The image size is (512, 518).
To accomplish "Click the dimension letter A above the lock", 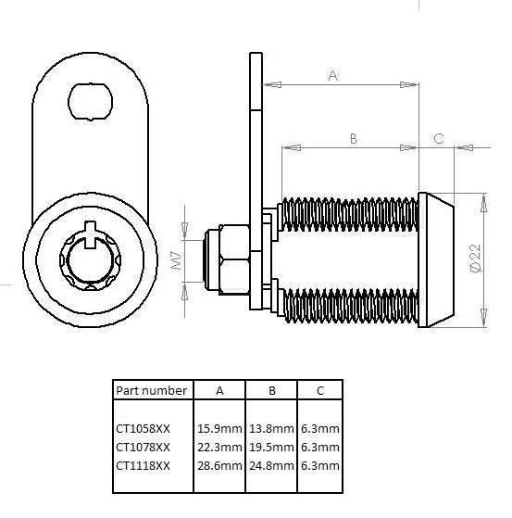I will tap(332, 77).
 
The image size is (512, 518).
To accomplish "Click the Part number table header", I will tap(151, 391).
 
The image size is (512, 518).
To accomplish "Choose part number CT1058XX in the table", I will tap(143, 428).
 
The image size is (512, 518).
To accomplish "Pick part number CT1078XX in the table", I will tap(143, 447).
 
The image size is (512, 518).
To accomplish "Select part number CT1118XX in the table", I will tap(143, 465).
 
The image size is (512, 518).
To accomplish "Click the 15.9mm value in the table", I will tap(219, 428).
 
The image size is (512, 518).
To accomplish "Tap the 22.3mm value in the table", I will tap(219, 447).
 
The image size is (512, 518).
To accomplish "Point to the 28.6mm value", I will tap(219, 465).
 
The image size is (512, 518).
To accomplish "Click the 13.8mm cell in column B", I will tap(271, 428).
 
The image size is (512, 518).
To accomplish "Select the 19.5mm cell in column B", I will tap(271, 447).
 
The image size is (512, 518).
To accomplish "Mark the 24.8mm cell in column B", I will tap(271, 465).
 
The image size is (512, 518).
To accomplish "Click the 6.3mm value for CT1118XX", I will tap(319, 465).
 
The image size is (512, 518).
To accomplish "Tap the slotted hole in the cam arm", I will tap(91, 98).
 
